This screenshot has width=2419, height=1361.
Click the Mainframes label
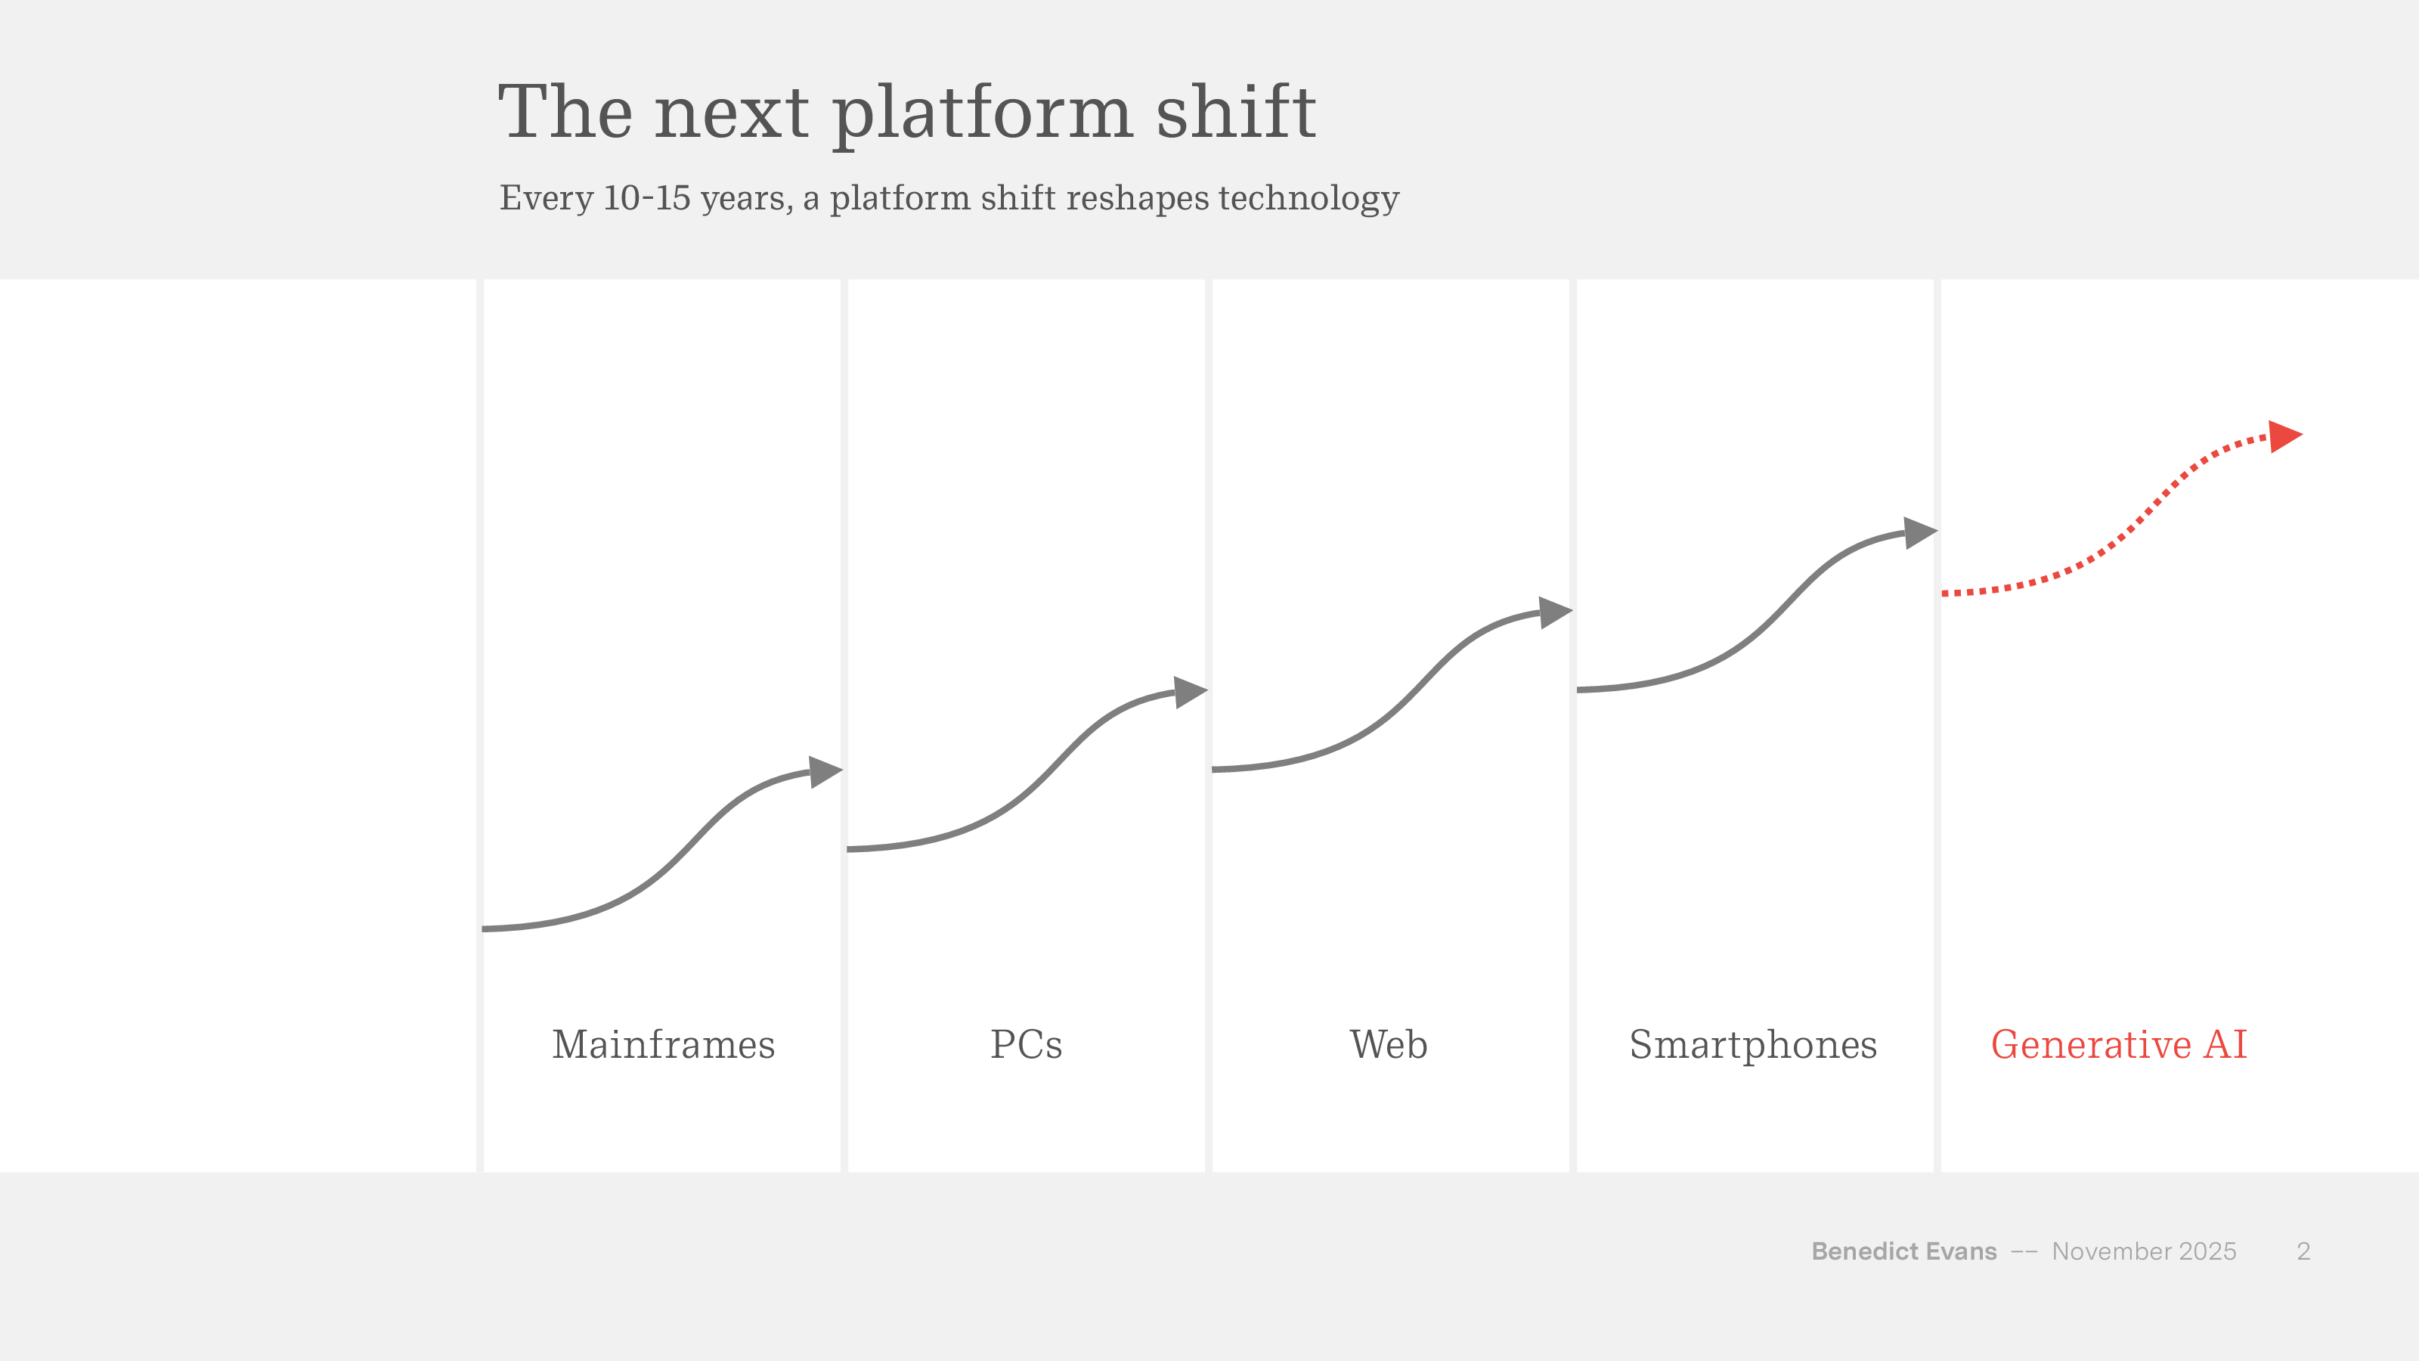click(663, 1044)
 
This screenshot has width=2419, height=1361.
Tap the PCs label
click(1026, 1044)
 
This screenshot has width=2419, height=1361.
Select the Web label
click(1388, 1044)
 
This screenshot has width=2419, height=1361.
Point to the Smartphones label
click(1752, 1044)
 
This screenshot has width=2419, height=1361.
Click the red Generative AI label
click(2118, 1044)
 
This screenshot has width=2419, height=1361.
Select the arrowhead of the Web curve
click(1554, 612)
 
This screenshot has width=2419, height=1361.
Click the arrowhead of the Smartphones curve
click(1919, 532)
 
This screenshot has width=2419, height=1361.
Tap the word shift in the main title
click(1235, 113)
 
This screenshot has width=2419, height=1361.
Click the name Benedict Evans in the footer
click(1903, 1251)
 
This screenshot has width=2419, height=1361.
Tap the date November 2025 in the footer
click(2144, 1251)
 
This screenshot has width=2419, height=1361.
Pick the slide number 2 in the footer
click(2303, 1251)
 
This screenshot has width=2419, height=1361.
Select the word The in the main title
click(565, 113)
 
